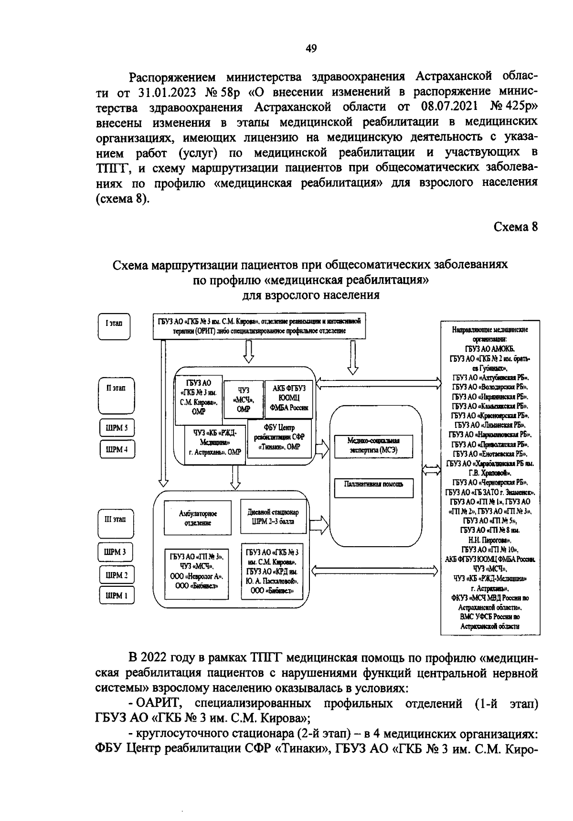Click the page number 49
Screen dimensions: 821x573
coord(311,48)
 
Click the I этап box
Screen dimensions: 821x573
coord(114,324)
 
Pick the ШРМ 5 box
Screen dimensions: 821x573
coord(117,428)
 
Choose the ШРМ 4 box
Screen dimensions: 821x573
coord(117,450)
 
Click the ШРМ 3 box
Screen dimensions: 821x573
coord(116,553)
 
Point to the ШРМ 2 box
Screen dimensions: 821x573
coord(117,575)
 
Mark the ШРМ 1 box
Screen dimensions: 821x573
coord(117,596)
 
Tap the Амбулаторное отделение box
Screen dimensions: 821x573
coord(197,518)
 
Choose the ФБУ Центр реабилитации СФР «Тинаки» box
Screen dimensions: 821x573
coord(280,438)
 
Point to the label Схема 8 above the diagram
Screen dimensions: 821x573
coord(515,227)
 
